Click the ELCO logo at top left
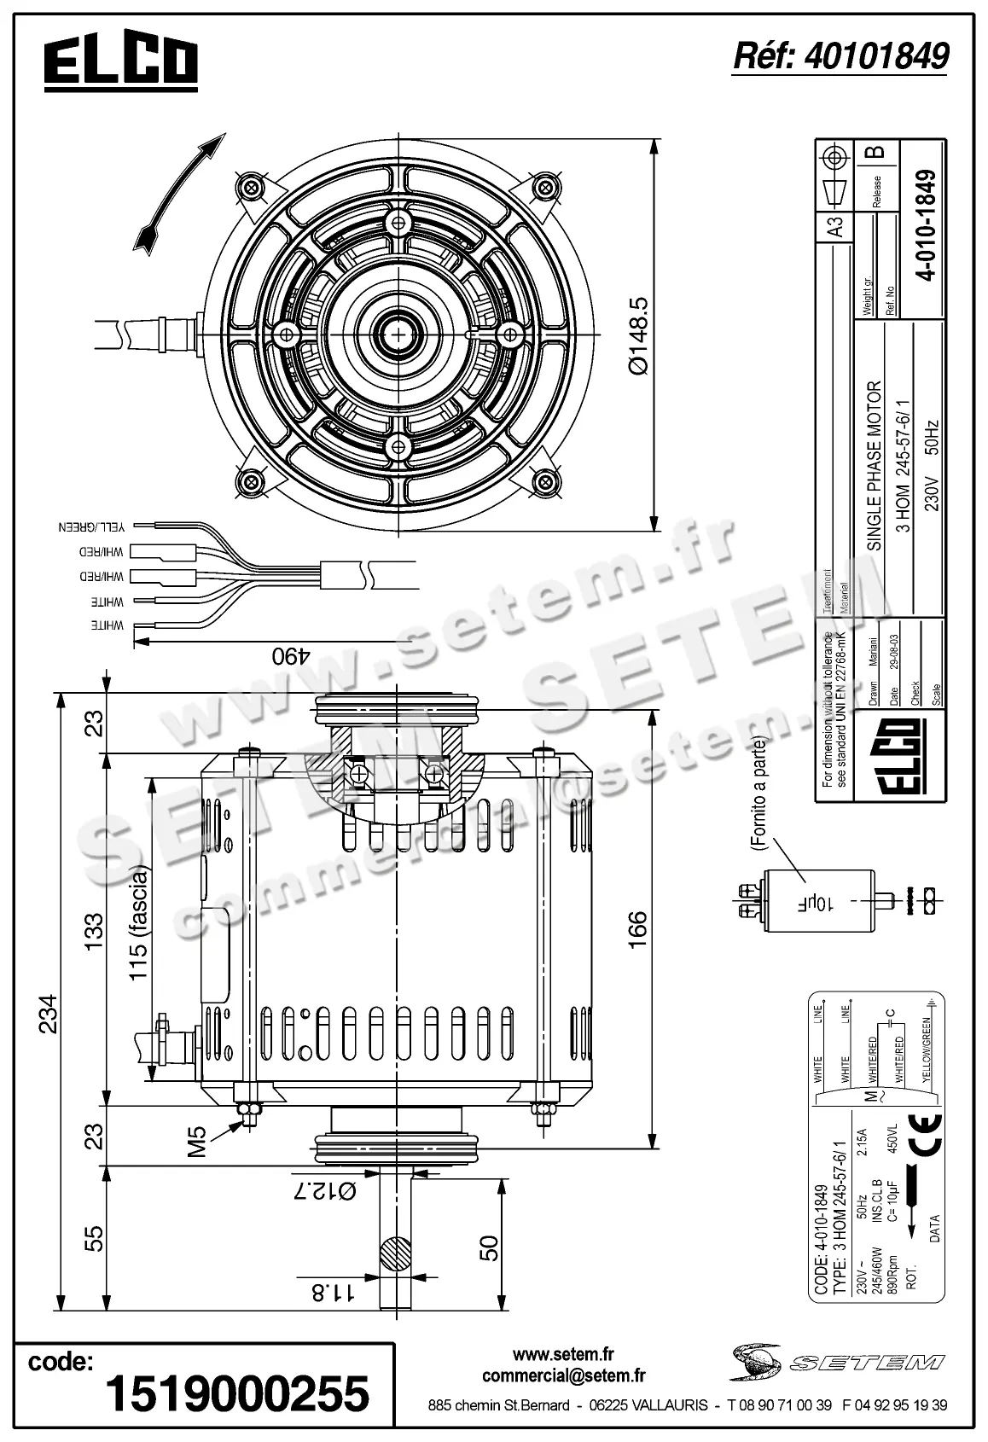click(x=121, y=65)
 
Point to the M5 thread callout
click(x=198, y=1142)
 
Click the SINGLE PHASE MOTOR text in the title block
click(x=873, y=465)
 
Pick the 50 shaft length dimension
click(x=489, y=1247)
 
